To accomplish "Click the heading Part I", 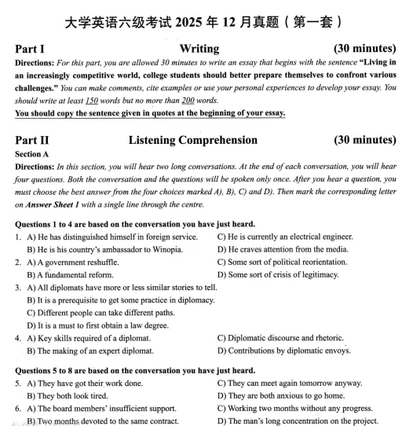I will pos(29,49).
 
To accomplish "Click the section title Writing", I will pos(199,49).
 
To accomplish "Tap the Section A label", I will pos(32,155).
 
